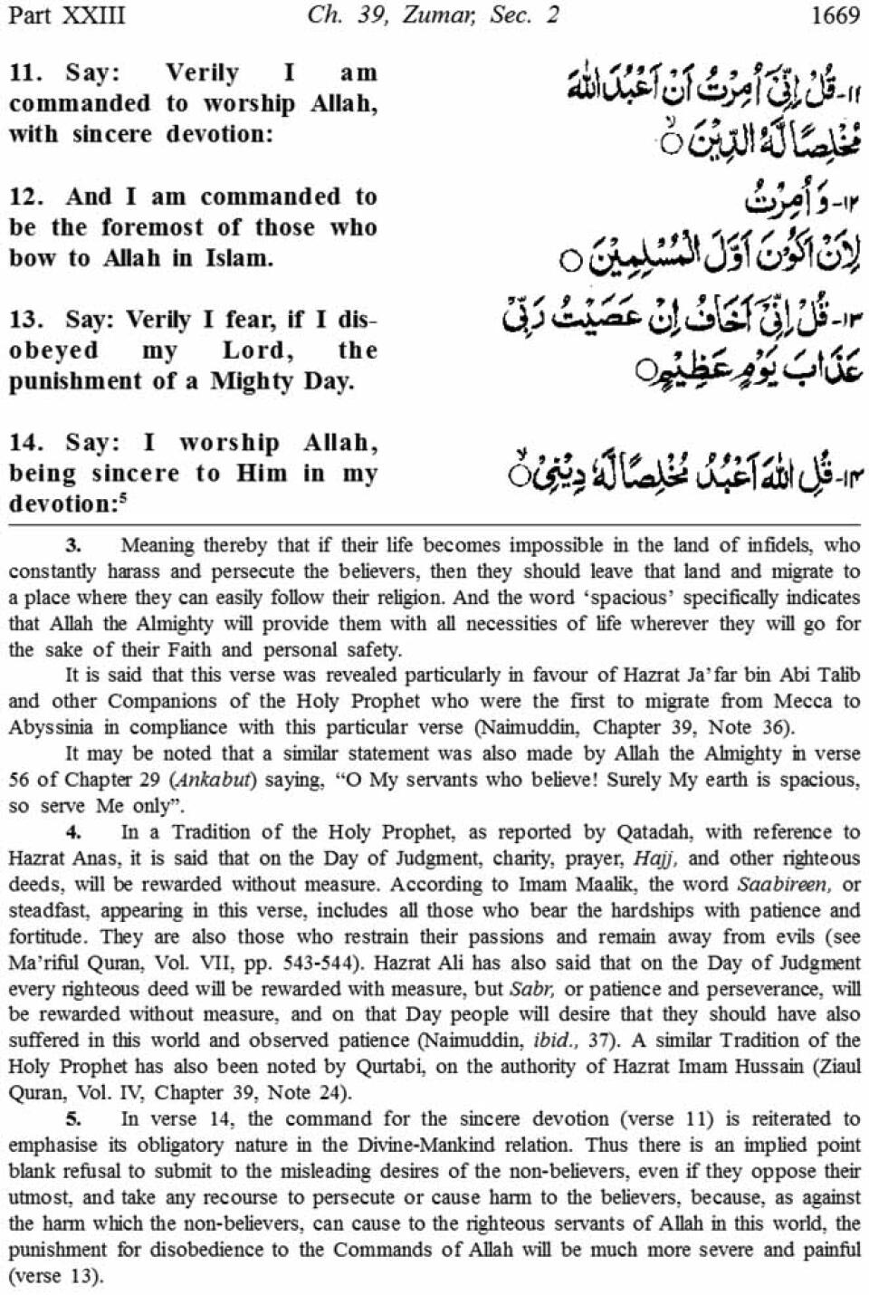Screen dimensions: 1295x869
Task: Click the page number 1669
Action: (835, 15)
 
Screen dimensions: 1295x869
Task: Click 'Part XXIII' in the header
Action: (66, 15)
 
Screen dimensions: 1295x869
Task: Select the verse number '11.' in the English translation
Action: (26, 72)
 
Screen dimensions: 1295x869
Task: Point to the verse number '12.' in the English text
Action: (26, 197)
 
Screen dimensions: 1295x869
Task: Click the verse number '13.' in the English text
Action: (26, 320)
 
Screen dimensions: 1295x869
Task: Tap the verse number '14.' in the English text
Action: (26, 443)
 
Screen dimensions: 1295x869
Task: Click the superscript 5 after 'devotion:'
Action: (124, 497)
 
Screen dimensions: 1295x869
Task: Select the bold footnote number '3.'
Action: (74, 545)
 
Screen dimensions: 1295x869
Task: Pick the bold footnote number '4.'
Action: (74, 832)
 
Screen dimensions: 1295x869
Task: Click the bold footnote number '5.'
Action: (74, 1119)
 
